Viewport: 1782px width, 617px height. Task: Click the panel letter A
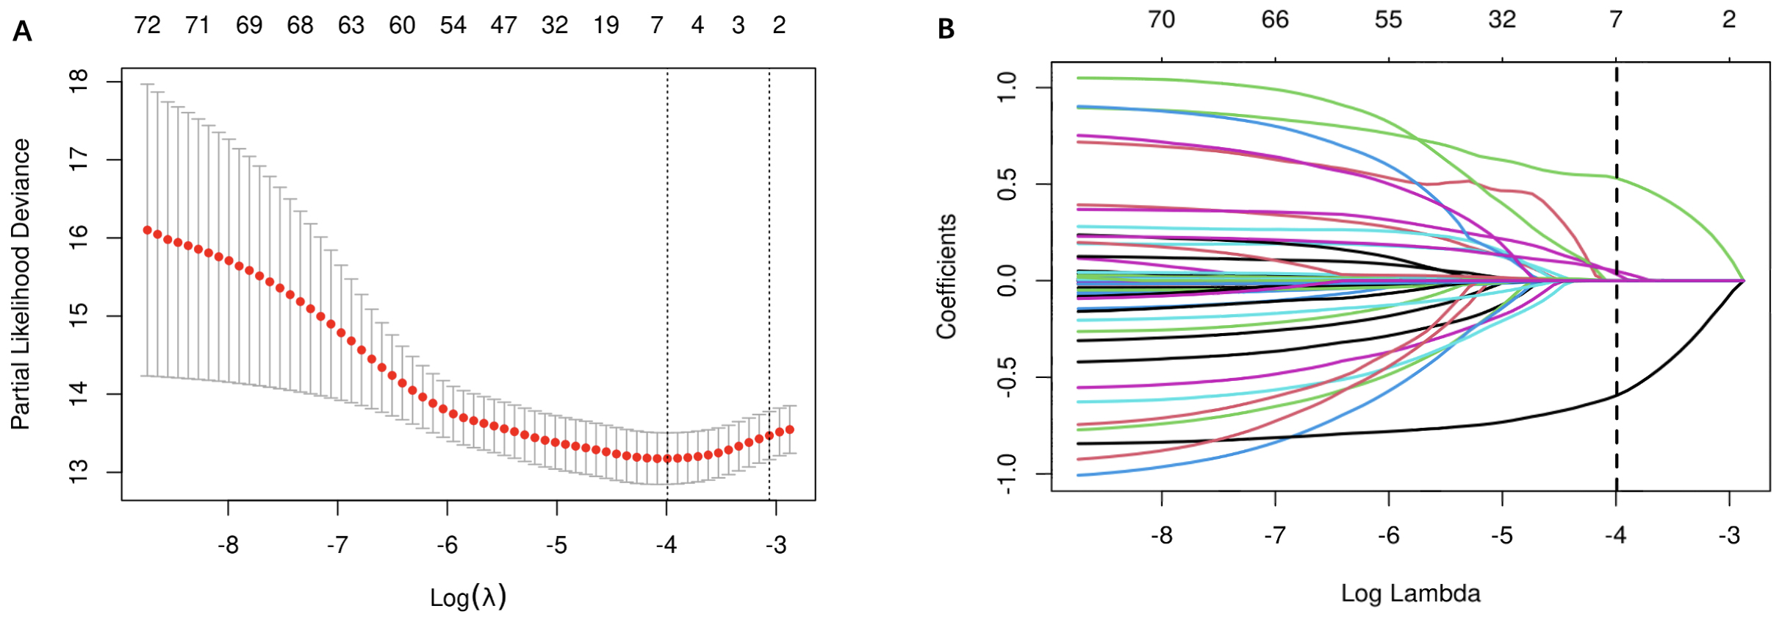pyautogui.click(x=22, y=32)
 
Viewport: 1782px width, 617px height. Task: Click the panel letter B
pyautogui.click(x=946, y=29)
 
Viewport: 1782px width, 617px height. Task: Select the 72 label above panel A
pyautogui.click(x=147, y=26)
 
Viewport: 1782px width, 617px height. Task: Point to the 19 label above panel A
pyautogui.click(x=606, y=26)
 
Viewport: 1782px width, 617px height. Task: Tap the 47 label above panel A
pyautogui.click(x=504, y=26)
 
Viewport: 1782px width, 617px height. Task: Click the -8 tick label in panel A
pyautogui.click(x=228, y=546)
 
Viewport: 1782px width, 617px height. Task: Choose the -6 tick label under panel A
pyautogui.click(x=447, y=546)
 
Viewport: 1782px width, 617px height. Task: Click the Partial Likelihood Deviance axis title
pyautogui.click(x=21, y=284)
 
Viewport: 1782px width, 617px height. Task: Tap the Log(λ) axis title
pyautogui.click(x=468, y=596)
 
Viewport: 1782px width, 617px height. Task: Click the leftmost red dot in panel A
pyautogui.click(x=147, y=230)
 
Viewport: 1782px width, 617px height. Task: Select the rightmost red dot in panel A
pyautogui.click(x=790, y=429)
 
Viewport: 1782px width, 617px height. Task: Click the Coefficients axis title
pyautogui.click(x=946, y=277)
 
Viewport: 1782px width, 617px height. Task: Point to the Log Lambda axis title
pyautogui.click(x=1410, y=593)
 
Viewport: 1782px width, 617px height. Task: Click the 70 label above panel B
pyautogui.click(x=1161, y=20)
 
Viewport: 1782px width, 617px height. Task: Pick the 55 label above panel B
pyautogui.click(x=1388, y=20)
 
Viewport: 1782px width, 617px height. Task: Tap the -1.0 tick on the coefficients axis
pyautogui.click(x=1007, y=474)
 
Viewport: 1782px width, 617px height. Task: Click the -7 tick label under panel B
pyautogui.click(x=1275, y=535)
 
